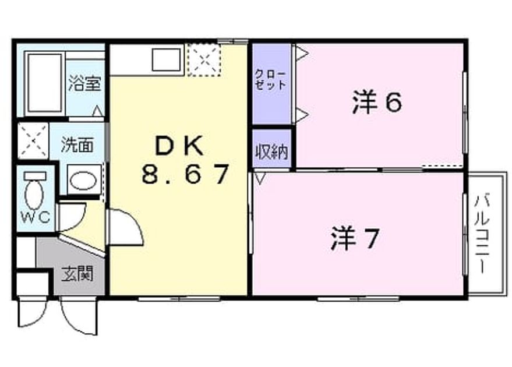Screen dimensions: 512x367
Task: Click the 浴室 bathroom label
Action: pyautogui.click(x=85, y=83)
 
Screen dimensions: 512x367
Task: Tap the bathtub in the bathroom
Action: pyautogui.click(x=45, y=83)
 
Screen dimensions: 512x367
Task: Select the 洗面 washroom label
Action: pyautogui.click(x=77, y=144)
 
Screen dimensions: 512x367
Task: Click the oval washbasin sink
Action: pyautogui.click(x=84, y=181)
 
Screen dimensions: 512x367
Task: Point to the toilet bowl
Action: pyautogui.click(x=34, y=193)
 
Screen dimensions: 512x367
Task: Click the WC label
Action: pyautogui.click(x=36, y=217)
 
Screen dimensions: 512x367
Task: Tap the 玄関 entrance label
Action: pyautogui.click(x=77, y=274)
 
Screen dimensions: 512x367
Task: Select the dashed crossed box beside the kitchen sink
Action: pyautogui.click(x=204, y=60)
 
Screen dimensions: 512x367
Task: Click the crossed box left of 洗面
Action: pyautogui.click(x=33, y=141)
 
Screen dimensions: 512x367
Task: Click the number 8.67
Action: pyautogui.click(x=185, y=174)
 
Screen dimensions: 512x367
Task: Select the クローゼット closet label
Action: pyautogui.click(x=270, y=80)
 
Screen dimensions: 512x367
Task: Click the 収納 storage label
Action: pyautogui.click(x=271, y=151)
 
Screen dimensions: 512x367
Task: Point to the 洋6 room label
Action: pyautogui.click(x=377, y=103)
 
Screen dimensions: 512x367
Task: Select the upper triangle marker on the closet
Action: pyautogui.click(x=302, y=52)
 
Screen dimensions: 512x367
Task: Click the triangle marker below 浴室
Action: pyautogui.click(x=98, y=111)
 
